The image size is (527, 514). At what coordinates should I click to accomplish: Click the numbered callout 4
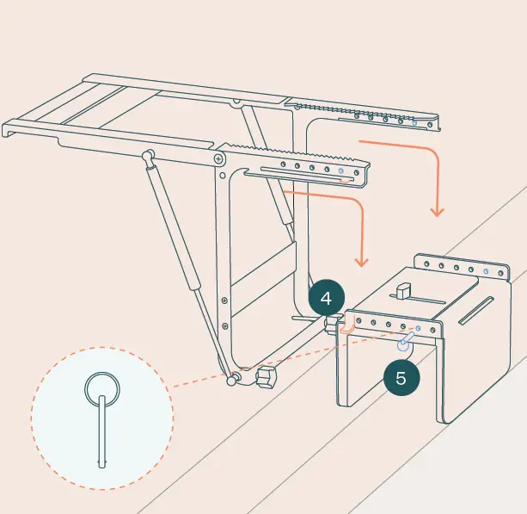(326, 299)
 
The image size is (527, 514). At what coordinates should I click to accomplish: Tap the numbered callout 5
(401, 375)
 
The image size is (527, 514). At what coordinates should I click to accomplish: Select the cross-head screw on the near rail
(221, 159)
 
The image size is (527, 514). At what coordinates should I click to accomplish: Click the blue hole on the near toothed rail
(342, 171)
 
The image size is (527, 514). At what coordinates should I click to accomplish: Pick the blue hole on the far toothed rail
(415, 123)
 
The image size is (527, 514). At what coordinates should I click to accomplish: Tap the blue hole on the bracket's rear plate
(486, 272)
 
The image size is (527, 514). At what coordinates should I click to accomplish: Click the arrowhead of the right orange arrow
(438, 211)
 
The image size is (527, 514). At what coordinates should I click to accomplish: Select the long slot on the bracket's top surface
(476, 311)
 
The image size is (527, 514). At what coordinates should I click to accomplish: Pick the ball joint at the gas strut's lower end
(232, 378)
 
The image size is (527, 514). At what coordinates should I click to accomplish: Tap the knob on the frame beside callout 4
(332, 325)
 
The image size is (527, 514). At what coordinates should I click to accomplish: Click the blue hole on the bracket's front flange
(419, 329)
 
